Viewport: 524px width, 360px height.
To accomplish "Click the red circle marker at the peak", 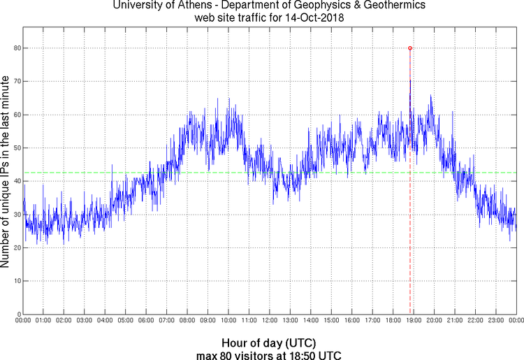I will tap(409, 48).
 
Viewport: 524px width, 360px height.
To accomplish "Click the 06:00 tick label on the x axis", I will tap(146, 321).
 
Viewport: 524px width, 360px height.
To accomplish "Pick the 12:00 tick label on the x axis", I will tap(269, 321).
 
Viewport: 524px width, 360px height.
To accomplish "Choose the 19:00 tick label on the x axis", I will tap(413, 321).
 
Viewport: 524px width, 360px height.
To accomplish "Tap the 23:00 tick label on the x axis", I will tap(495, 321).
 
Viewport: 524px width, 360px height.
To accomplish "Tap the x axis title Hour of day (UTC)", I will tap(269, 343).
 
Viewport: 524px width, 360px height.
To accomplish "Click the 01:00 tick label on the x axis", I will tap(43, 321).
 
